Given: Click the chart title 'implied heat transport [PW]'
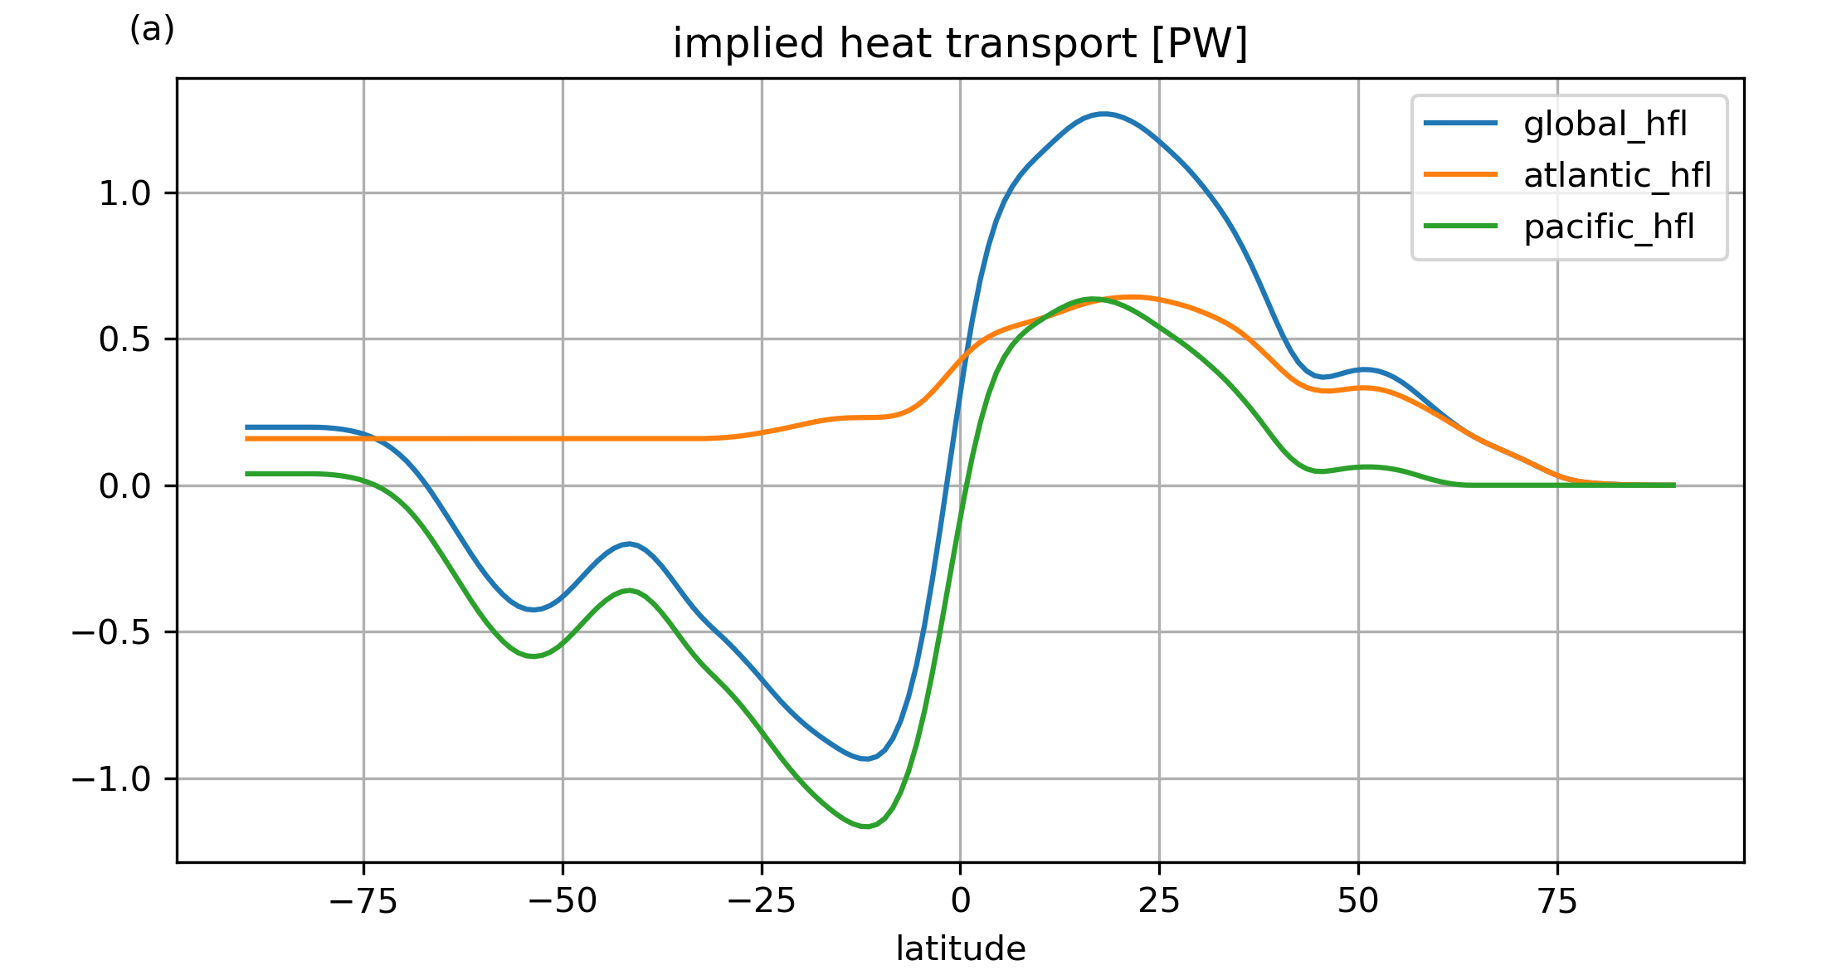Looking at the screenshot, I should [960, 44].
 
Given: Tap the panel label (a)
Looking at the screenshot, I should [152, 30].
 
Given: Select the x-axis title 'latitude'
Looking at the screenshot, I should [960, 948].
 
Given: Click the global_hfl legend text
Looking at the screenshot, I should [1605, 124].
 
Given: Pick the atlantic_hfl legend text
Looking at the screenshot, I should [1617, 175].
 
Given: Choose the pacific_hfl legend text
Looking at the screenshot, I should [1608, 227].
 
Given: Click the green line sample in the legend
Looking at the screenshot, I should [1460, 227].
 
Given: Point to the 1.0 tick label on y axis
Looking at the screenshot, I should [124, 193].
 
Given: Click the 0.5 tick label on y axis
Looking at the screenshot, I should [124, 339].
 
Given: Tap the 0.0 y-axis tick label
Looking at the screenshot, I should [124, 486].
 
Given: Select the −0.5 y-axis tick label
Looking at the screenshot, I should [111, 632].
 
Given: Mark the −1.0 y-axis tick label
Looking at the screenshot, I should [111, 779].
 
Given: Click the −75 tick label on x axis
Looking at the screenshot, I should [363, 901].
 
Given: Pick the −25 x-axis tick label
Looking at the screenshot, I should [762, 901].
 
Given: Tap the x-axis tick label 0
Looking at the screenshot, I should [960, 901].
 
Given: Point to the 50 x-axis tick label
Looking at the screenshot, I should [1358, 901].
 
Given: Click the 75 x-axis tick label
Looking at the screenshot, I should [1557, 901].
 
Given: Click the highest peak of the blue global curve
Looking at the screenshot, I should [1102, 114].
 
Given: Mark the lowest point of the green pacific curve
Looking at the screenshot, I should [865, 826].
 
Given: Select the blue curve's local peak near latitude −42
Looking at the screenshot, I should [630, 544].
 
